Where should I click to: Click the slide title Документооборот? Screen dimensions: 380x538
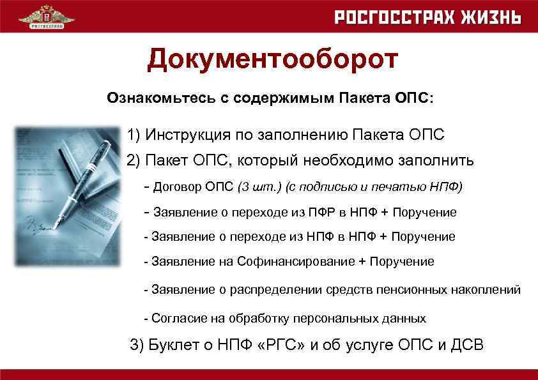pos(272,60)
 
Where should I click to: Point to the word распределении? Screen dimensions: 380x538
pos(273,289)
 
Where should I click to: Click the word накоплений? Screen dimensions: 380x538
pos(487,289)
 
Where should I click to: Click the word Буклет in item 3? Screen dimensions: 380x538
pos(172,345)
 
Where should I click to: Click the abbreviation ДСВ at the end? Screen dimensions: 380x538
pos(466,345)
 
